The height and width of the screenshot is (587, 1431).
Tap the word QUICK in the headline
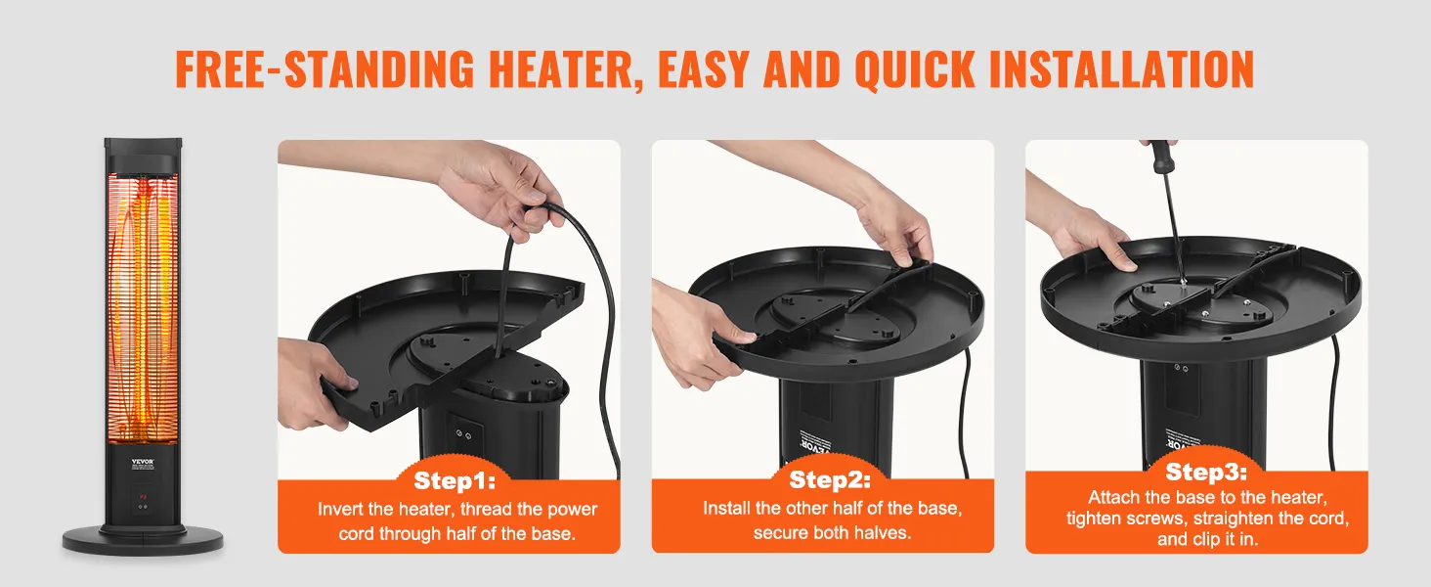point(915,69)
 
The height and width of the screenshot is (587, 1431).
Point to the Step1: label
point(455,481)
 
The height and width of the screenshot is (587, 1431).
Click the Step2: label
point(829,479)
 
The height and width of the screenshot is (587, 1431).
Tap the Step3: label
point(1205,472)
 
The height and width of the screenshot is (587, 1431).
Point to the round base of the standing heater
point(143,541)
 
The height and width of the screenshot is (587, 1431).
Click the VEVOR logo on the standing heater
point(143,461)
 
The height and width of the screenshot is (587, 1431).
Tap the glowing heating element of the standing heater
point(143,310)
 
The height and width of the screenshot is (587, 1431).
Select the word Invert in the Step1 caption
point(340,510)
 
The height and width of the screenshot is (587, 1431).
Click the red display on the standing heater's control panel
point(143,496)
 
